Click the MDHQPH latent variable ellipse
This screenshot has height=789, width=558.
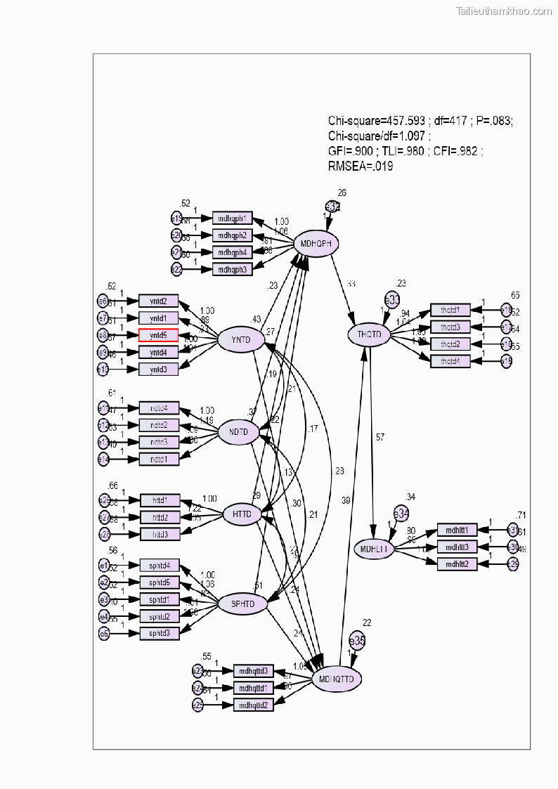[316, 243]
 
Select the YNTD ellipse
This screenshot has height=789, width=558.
[241, 341]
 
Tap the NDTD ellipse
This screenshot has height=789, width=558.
[239, 431]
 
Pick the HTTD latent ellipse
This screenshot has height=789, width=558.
[242, 514]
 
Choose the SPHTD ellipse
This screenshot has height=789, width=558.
[242, 604]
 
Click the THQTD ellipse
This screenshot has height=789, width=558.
[369, 335]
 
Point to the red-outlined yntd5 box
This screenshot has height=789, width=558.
[158, 335]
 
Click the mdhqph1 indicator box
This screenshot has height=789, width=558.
[232, 218]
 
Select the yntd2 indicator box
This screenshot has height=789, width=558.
[158, 301]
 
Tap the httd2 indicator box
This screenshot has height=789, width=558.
[160, 517]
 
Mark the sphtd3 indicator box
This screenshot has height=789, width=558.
[160, 633]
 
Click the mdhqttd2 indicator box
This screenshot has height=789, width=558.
[253, 705]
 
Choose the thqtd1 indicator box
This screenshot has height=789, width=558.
[450, 310]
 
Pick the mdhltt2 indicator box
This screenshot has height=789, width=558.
[457, 563]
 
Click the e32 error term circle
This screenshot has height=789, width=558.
[332, 207]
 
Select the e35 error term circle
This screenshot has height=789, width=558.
[357, 641]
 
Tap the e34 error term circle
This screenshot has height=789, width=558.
[401, 514]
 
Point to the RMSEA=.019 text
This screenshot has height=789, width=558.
[361, 167]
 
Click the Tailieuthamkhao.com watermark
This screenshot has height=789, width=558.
[504, 11]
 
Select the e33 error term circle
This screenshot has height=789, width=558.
[391, 299]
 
